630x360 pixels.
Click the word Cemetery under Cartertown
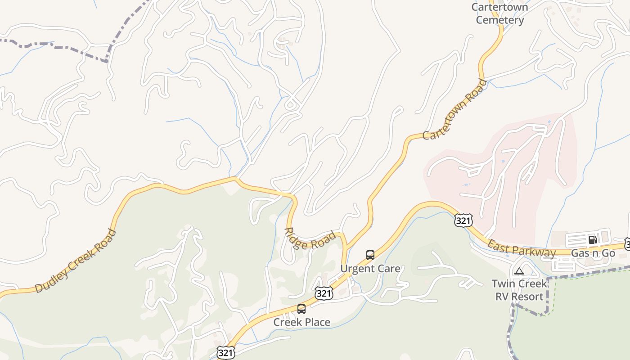tap(500, 20)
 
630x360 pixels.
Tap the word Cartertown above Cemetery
tap(499, 7)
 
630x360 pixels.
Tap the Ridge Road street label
tap(310, 240)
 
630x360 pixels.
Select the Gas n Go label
tap(593, 253)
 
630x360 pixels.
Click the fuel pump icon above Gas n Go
tap(593, 240)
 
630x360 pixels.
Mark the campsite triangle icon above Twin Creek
tap(519, 271)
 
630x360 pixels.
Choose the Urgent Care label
tap(370, 269)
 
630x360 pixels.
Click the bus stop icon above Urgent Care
tap(370, 255)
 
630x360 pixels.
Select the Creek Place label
tap(301, 322)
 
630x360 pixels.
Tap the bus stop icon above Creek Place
tap(301, 309)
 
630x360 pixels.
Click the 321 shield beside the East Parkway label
tap(463, 220)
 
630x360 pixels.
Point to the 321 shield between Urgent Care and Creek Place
tap(324, 293)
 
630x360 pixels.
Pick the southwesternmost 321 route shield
tap(225, 352)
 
